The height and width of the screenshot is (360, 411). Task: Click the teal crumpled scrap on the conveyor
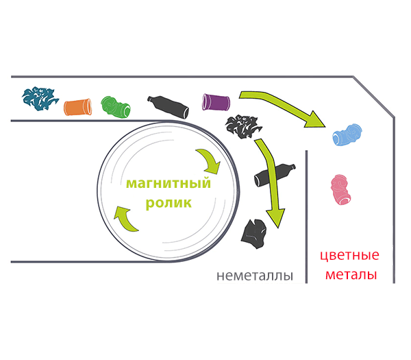tap(40, 99)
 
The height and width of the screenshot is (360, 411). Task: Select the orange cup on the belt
tap(77, 106)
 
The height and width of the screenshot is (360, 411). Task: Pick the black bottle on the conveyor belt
tap(167, 106)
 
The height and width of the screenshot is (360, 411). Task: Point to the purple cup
tap(216, 101)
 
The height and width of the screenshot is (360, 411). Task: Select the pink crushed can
tap(342, 190)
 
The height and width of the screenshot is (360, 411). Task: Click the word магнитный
tap(166, 185)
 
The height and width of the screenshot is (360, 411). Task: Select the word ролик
tap(168, 204)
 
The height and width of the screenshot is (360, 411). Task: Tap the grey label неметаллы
tap(254, 276)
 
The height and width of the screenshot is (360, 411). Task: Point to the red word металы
tap(349, 275)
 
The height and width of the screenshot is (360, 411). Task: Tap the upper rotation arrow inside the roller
tap(208, 160)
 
